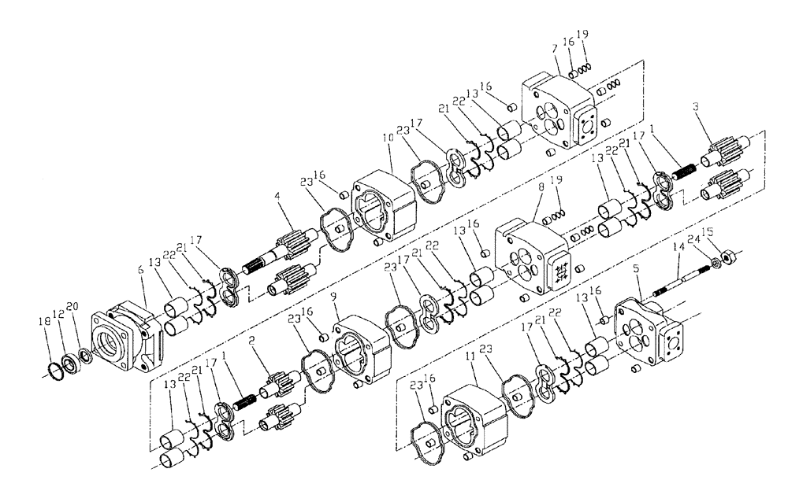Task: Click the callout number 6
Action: (x=141, y=268)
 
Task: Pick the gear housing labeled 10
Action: (x=386, y=205)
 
